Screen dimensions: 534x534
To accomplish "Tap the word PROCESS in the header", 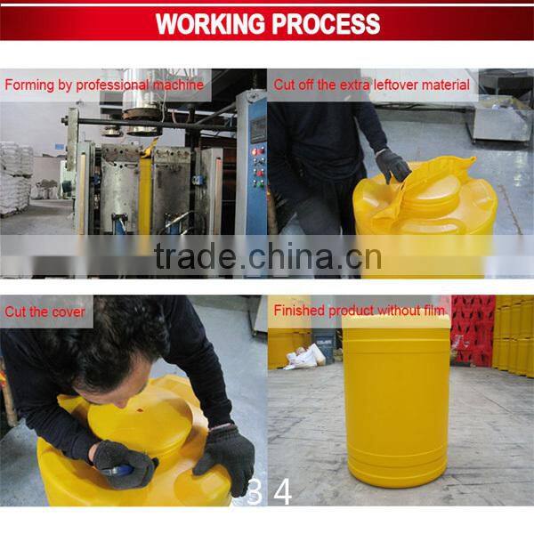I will (x=324, y=23).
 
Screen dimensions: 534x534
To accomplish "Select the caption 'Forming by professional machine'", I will (x=104, y=85).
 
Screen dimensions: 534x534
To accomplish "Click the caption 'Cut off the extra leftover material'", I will (x=372, y=85).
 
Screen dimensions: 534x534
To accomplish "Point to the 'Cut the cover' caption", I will (x=45, y=311).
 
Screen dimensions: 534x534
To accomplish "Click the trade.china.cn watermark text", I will (x=267, y=257).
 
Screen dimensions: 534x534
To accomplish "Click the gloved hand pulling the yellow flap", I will (x=392, y=165).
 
